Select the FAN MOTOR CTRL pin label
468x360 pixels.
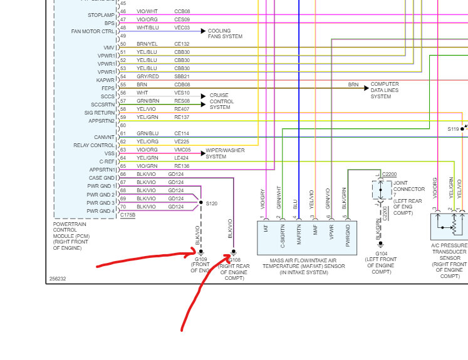click(x=93, y=31)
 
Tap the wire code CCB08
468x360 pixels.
click(x=182, y=12)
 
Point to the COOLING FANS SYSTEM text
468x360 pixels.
click(x=225, y=33)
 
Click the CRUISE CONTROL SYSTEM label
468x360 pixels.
click(x=222, y=101)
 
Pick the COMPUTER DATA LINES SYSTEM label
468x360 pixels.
click(x=385, y=90)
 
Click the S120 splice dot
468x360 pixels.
click(x=200, y=203)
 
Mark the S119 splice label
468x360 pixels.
click(x=453, y=129)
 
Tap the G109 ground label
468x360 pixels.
click(x=201, y=259)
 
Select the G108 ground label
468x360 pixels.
click(x=233, y=259)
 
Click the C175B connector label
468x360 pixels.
click(x=128, y=215)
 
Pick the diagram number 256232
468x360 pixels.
click(x=58, y=279)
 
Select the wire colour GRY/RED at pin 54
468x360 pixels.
click(x=148, y=76)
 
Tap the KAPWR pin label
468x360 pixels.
click(x=105, y=80)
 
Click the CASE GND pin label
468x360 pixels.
click(x=101, y=178)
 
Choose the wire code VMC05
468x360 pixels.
click(x=182, y=150)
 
